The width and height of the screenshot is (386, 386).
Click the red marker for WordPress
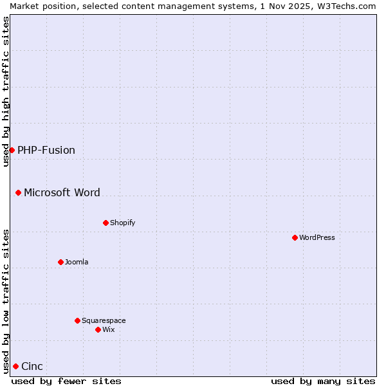point(295,237)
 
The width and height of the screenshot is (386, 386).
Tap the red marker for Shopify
point(106,223)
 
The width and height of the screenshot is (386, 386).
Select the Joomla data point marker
point(60,262)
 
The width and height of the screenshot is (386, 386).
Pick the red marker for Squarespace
point(77,320)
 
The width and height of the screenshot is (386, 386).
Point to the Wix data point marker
point(98,329)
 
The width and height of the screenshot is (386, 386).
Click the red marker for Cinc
point(15,366)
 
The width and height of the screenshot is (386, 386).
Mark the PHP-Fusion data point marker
point(12,150)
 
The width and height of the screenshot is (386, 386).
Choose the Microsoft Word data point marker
point(18,192)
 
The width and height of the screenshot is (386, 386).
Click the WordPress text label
point(317,237)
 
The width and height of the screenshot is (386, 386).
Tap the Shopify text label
point(123,223)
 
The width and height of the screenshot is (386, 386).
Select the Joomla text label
point(77,262)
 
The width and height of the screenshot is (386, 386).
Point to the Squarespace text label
point(104,320)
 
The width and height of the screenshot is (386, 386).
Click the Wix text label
point(109,329)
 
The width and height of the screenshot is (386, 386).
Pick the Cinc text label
point(32,367)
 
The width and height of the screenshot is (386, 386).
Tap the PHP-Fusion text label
point(46,151)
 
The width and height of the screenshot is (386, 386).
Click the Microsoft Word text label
point(62,192)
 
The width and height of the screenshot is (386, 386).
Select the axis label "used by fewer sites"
point(66,381)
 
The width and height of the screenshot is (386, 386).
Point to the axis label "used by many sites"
point(323,381)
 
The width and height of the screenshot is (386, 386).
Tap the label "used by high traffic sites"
point(6,91)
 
